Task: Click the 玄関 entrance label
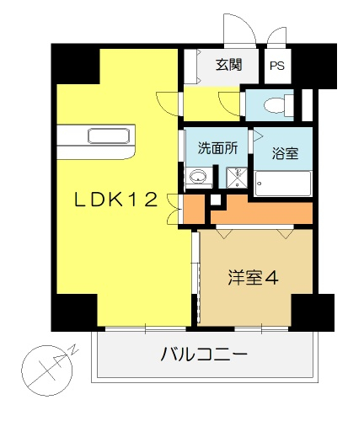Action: tap(229, 65)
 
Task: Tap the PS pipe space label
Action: tap(277, 66)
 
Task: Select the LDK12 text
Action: tap(115, 200)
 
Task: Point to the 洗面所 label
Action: tap(217, 148)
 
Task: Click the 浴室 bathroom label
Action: tap(285, 153)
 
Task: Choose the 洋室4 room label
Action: tap(253, 278)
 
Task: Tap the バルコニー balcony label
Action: tap(204, 354)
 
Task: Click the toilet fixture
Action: tap(279, 105)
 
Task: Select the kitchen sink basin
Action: tap(109, 136)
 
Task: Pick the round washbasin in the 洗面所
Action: tap(198, 177)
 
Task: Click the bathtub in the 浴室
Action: tap(283, 184)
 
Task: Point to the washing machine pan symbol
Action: tap(237, 178)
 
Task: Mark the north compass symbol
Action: tap(48, 370)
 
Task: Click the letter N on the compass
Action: tap(74, 349)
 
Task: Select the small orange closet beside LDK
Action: tap(194, 209)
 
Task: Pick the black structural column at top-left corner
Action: tap(75, 64)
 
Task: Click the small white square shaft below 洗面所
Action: tap(216, 200)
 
